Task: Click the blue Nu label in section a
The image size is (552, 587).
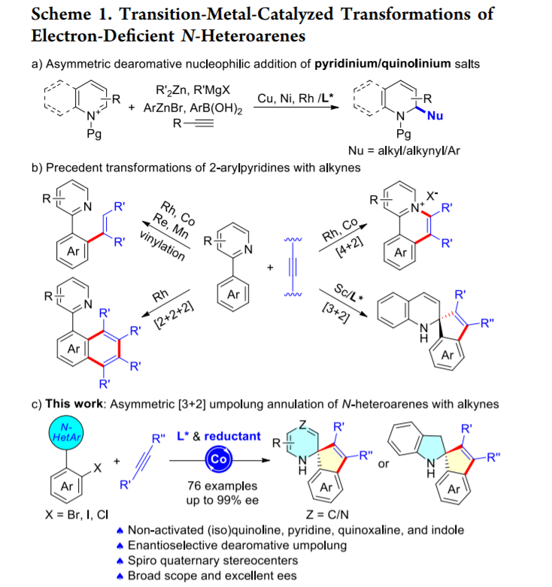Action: pyautogui.click(x=434, y=116)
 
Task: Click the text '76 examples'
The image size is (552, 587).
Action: pyautogui.click(x=218, y=486)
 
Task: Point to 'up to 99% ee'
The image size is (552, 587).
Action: pyautogui.click(x=218, y=500)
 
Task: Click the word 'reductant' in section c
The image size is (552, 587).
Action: pyautogui.click(x=232, y=436)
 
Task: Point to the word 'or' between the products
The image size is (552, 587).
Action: pyautogui.click(x=384, y=464)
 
